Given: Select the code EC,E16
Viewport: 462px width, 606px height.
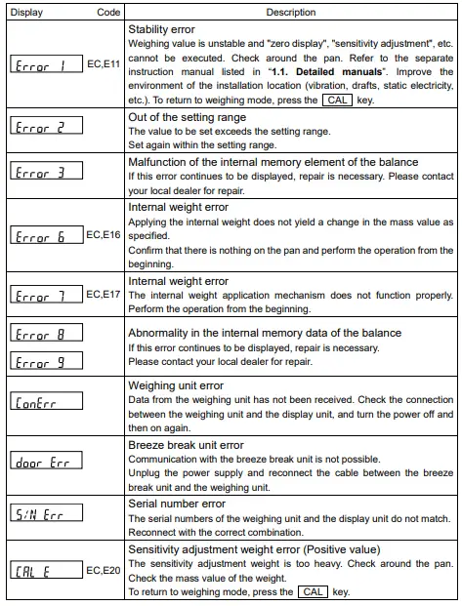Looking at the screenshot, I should coord(104,235).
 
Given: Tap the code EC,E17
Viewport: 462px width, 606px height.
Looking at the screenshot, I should coord(104,293).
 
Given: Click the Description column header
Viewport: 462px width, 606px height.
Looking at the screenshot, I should coord(291,13).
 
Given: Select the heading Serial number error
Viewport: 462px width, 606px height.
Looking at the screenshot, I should coord(178,504).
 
